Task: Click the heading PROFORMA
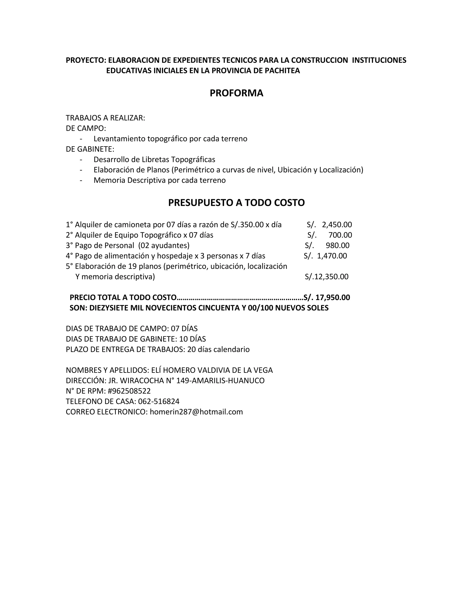[236, 93]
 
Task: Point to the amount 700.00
[340, 235]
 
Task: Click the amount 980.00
[338, 245]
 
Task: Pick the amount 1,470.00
[332, 256]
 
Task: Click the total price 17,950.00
[333, 297]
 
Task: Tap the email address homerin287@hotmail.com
[196, 412]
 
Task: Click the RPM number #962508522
[129, 391]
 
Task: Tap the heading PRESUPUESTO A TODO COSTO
[236, 203]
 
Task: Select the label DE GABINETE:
[90, 149]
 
